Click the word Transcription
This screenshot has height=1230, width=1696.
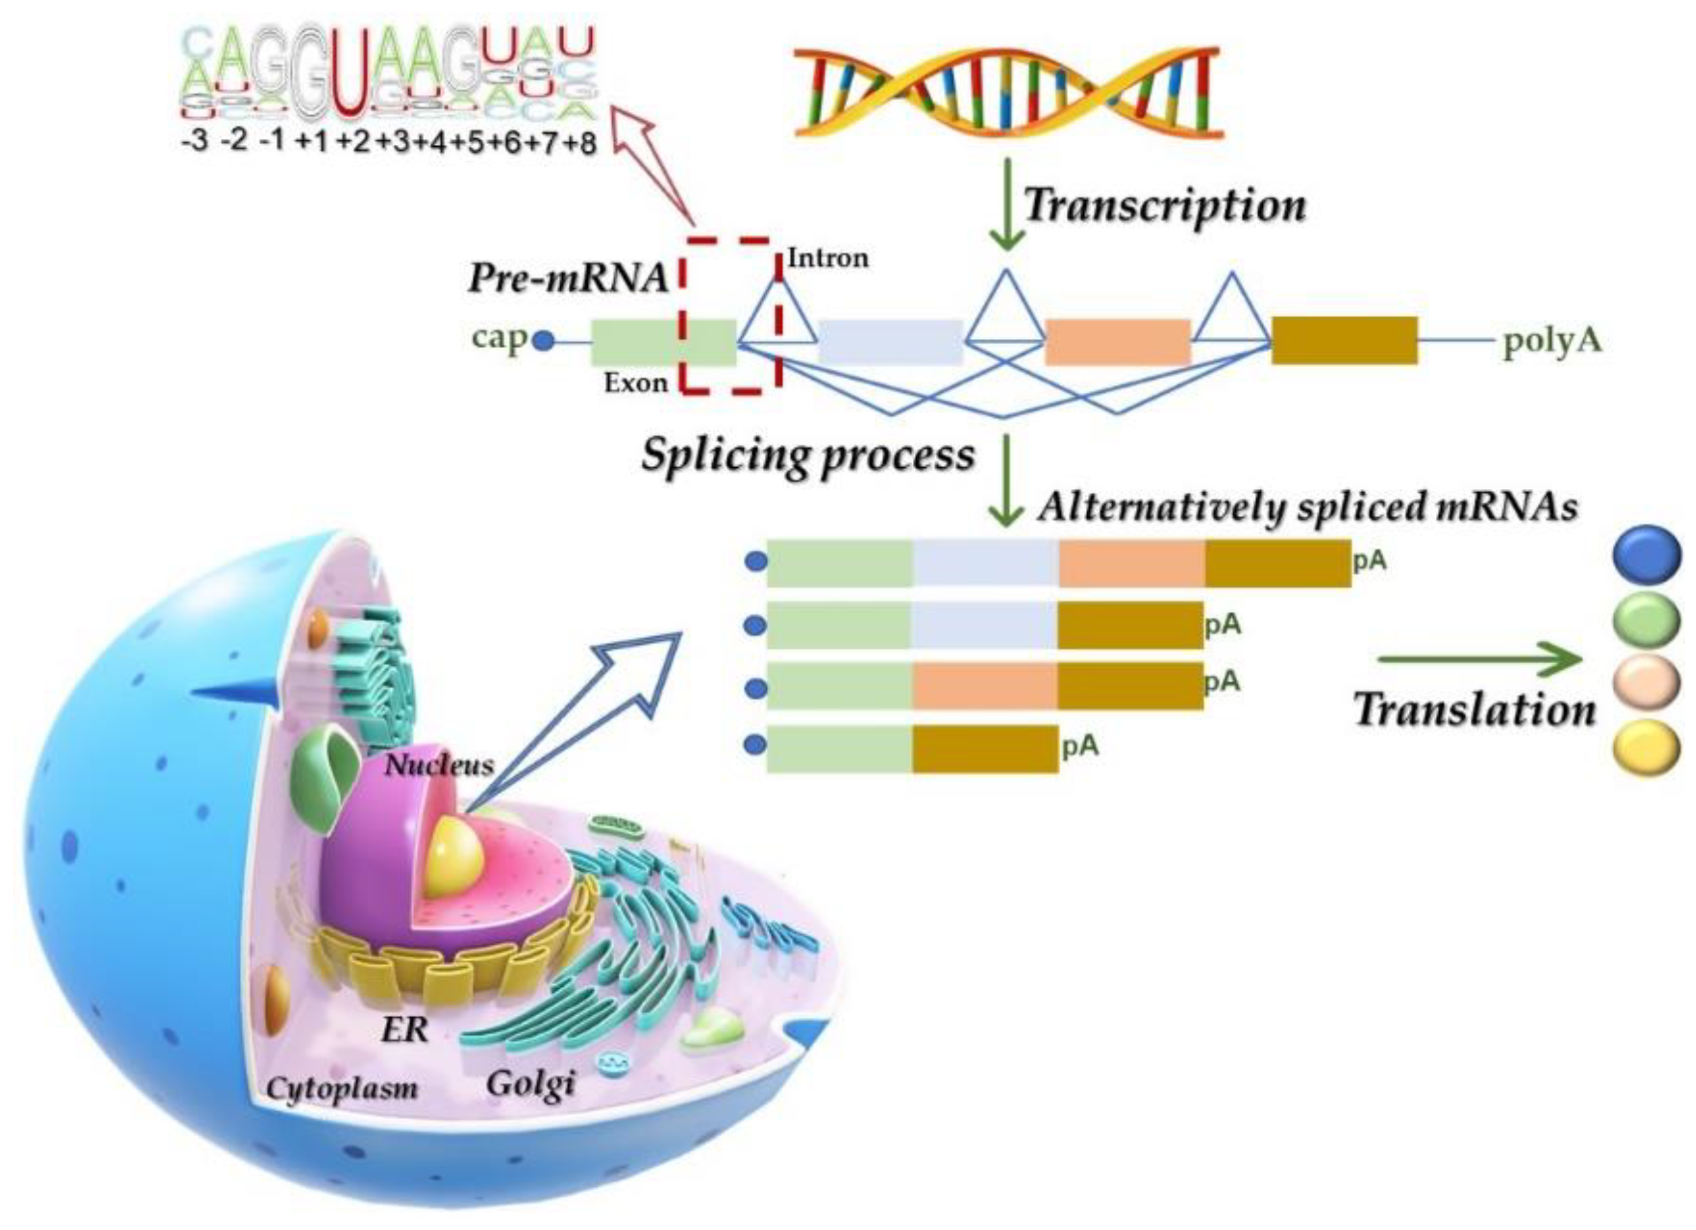(x=1165, y=205)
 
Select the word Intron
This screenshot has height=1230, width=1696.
(x=828, y=259)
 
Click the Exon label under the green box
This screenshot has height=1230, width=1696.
(x=636, y=383)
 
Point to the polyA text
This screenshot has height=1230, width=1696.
(x=1552, y=341)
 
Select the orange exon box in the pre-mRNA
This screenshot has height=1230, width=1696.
(x=1117, y=341)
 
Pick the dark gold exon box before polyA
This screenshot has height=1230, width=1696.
(x=1345, y=341)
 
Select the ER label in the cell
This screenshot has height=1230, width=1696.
(x=404, y=1030)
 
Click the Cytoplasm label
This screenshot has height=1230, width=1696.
(x=343, y=1088)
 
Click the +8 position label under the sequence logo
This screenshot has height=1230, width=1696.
(x=579, y=142)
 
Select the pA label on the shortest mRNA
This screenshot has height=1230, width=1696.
(x=1080, y=746)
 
